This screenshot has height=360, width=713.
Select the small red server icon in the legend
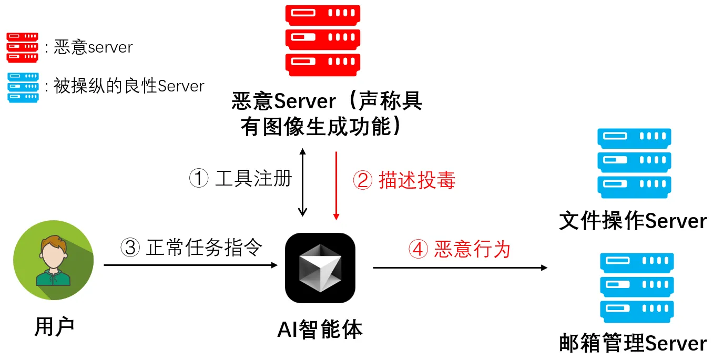pyautogui.click(x=22, y=47)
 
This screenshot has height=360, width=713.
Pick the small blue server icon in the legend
pyautogui.click(x=23, y=87)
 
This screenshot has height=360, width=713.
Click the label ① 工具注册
pyautogui.click(x=240, y=179)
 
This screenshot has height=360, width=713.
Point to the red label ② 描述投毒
pyautogui.click(x=404, y=180)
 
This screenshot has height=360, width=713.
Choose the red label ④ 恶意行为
pyautogui.click(x=460, y=249)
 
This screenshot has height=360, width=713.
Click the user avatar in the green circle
pyautogui.click(x=54, y=260)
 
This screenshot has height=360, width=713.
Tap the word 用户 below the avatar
pyautogui.click(x=54, y=326)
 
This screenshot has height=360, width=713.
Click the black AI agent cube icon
pyautogui.click(x=320, y=268)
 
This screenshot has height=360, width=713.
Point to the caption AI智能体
pyautogui.click(x=320, y=330)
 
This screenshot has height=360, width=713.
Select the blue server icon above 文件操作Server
pyautogui.click(x=634, y=163)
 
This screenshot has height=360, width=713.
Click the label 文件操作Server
pyautogui.click(x=633, y=221)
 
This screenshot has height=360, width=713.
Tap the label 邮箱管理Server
pyautogui.click(x=633, y=344)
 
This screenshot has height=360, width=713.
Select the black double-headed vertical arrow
pyautogui.click(x=302, y=182)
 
